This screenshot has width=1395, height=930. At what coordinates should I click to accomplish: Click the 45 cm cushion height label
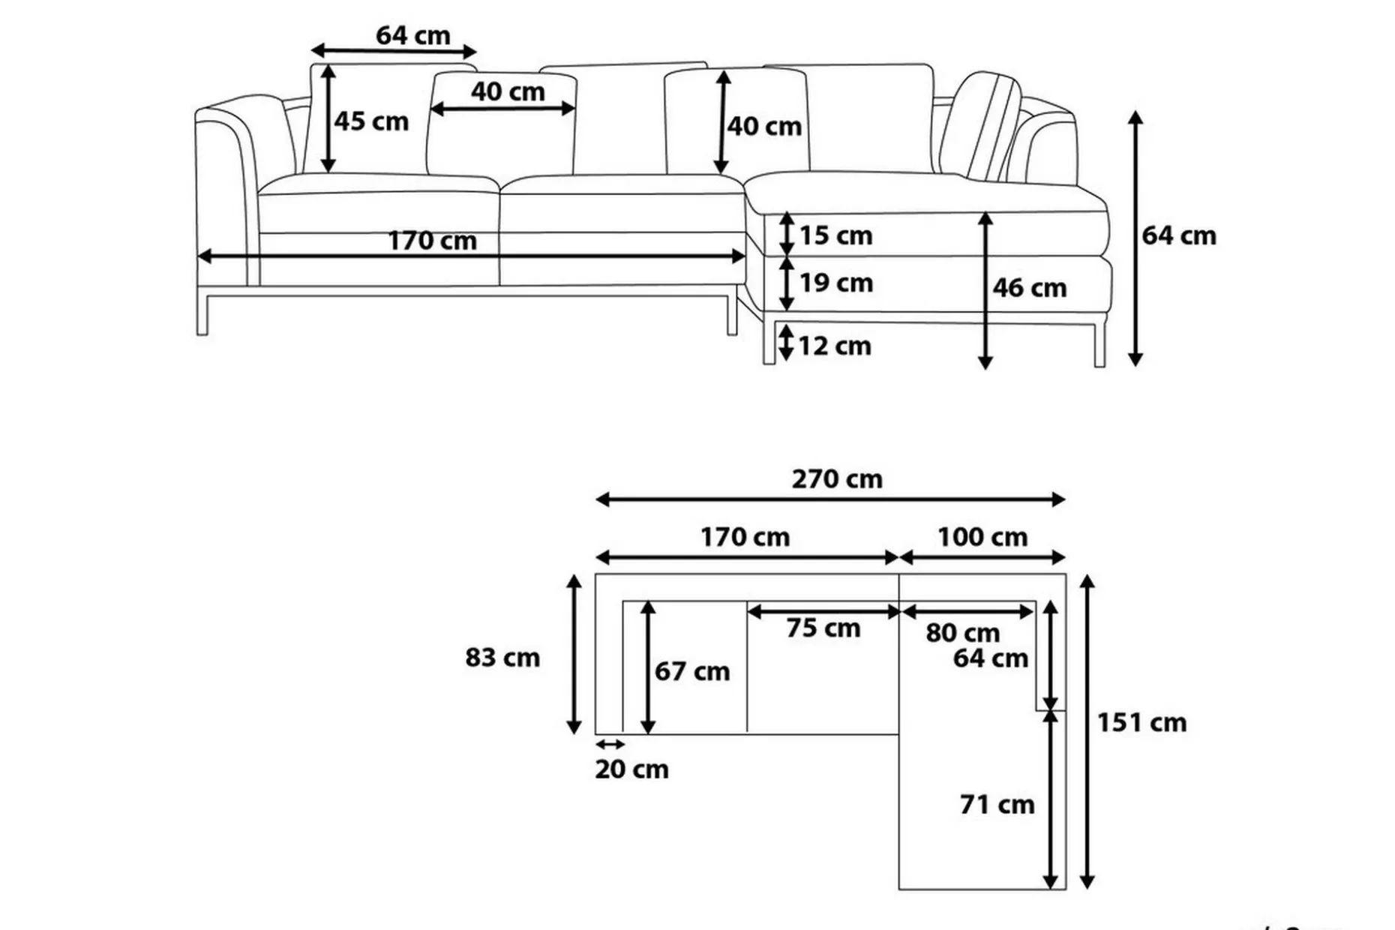[x=371, y=121]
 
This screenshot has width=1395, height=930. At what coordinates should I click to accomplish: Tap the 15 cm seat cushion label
[x=835, y=235]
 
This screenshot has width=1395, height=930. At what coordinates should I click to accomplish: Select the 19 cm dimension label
[x=835, y=283]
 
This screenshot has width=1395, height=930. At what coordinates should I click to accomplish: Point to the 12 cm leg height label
[x=834, y=346]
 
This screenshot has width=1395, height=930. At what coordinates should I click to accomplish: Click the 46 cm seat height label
[x=1029, y=287]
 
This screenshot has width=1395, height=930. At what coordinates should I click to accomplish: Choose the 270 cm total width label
[x=837, y=478]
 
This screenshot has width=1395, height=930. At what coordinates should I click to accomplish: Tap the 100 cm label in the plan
[x=982, y=537]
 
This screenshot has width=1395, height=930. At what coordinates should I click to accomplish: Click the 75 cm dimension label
[x=823, y=628]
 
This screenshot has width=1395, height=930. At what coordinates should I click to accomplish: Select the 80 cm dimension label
[x=962, y=632]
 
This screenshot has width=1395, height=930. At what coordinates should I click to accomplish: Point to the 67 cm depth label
[x=691, y=671]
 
